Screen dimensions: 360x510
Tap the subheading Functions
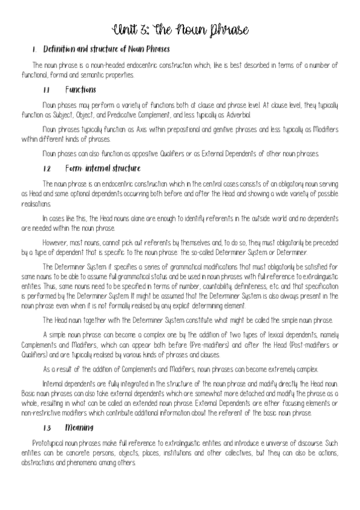click(81, 90)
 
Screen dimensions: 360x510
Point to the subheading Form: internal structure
click(103, 168)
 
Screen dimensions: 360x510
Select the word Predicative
click(142, 114)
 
